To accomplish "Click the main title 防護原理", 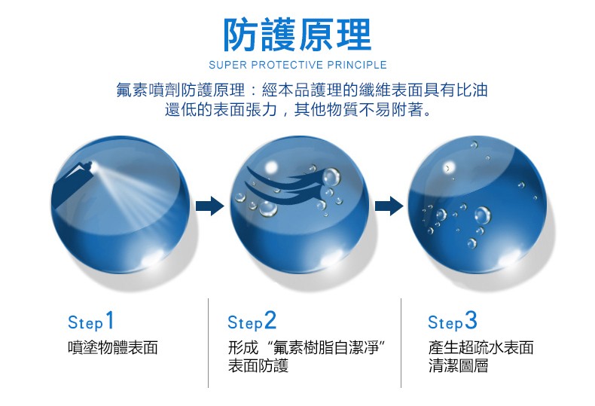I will [297, 34].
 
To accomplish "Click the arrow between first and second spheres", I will [210, 204].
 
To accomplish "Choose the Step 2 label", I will [252, 322].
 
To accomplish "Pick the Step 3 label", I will [453, 322].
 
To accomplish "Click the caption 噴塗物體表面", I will [112, 348].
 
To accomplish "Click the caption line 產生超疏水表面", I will [481, 348].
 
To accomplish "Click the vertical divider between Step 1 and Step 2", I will [208, 343].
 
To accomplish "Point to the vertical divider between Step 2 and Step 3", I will [401, 343].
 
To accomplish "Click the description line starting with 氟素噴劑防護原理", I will [302, 90].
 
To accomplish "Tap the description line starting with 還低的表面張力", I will [300, 111].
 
